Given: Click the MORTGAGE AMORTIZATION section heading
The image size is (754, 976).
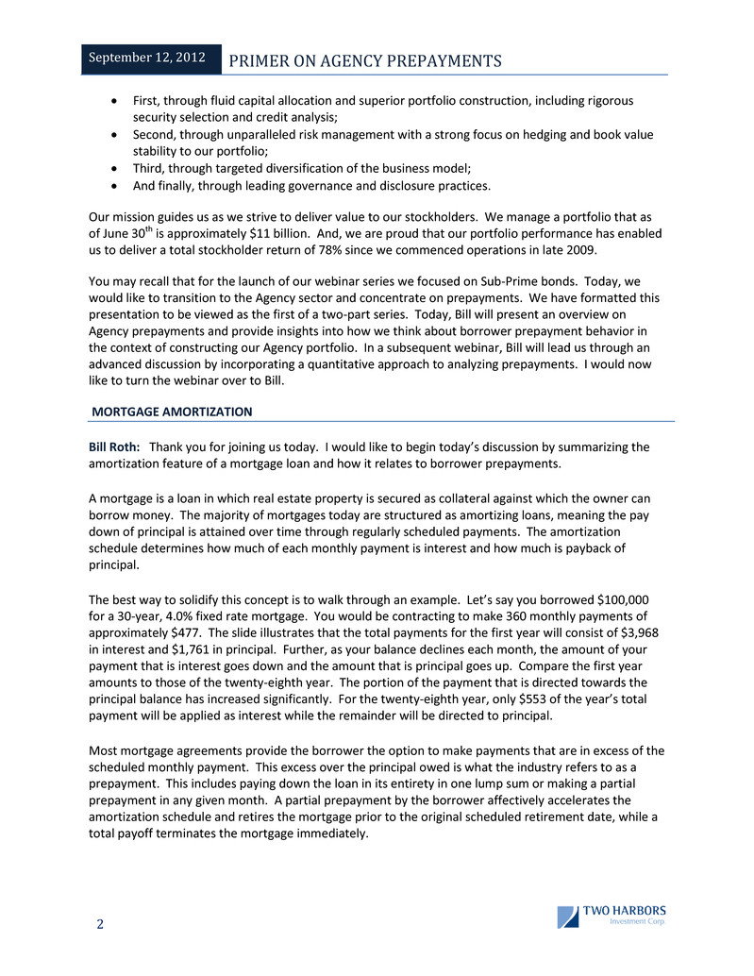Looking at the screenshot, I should pyautogui.click(x=172, y=412).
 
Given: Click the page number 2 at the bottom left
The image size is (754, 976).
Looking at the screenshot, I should pyautogui.click(x=99, y=924).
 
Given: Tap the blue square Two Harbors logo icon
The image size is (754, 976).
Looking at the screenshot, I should pyautogui.click(x=567, y=917).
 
